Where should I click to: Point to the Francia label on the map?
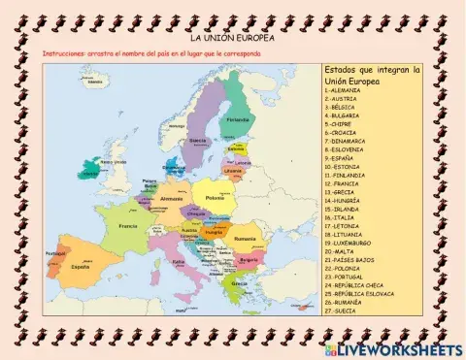tap(128, 226)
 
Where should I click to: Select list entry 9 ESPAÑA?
tap(344, 158)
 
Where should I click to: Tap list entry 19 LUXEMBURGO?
tap(352, 243)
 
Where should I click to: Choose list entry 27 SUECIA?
tap(344, 310)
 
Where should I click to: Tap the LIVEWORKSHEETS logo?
tap(396, 347)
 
